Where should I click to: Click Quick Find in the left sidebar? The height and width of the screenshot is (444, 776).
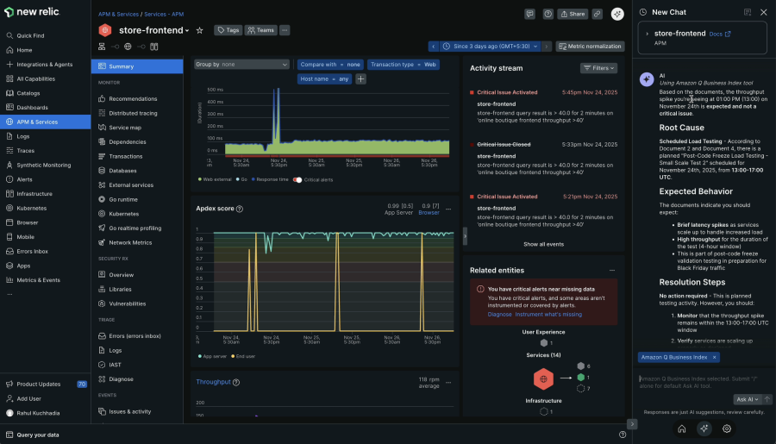pos(30,35)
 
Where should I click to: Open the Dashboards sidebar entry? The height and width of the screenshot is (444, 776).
pos(32,107)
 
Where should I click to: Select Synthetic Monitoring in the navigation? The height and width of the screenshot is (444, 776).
pos(43,165)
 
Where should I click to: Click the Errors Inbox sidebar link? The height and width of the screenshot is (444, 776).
pos(32,251)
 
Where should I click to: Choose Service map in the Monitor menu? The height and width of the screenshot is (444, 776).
pos(124,128)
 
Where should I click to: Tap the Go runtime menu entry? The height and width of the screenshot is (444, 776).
pos(123,199)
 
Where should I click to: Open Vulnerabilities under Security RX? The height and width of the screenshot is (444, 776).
pos(127,303)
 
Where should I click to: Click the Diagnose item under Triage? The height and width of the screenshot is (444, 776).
pos(121,378)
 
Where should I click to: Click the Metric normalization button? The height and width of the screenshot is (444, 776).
pos(590,46)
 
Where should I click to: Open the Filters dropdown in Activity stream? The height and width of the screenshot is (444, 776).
pos(598,68)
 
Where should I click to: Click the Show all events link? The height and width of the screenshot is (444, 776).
pos(543,244)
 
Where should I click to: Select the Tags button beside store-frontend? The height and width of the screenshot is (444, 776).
pos(228,30)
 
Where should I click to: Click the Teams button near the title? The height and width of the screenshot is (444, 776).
pos(260,30)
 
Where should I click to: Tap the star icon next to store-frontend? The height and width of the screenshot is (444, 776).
pos(200,30)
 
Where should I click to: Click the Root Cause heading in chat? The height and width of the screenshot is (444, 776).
pos(681,128)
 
